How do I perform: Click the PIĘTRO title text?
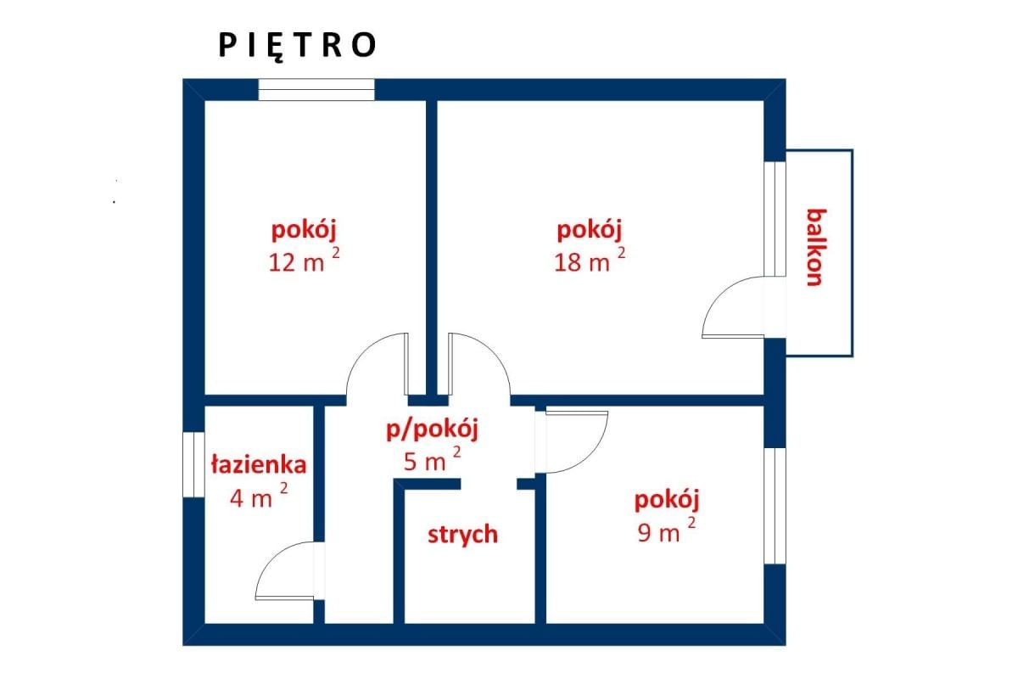pos(297,46)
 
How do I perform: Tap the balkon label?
pos(815,247)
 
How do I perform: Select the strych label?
pos(462,535)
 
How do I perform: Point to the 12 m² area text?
pos(305,261)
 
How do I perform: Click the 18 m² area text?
pos(590,261)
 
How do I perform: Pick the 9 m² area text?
pos(666,533)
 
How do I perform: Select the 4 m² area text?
pos(259,497)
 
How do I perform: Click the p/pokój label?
pos(433,429)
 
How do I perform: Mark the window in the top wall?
pos(316,89)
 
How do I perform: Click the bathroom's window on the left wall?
pos(193,465)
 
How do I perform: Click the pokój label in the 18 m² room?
pos(590,229)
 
